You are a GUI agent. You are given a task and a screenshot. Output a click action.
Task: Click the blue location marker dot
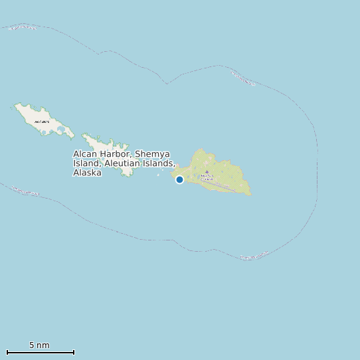coord(179,179)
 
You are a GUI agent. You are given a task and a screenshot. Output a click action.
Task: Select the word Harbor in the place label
coord(116,154)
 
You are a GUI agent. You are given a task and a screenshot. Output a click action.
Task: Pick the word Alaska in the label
coord(87,173)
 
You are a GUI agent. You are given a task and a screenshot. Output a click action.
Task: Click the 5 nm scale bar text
coord(39,345)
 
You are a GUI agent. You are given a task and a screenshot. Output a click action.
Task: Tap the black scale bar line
coord(40,352)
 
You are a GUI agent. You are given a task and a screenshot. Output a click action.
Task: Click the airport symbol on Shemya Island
coord(207,172)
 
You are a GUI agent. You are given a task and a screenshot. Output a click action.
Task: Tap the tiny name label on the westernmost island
coord(41,122)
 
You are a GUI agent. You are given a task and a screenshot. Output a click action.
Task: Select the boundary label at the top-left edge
coord(23,27)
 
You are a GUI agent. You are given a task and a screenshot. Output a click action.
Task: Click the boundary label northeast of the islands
coord(243,78)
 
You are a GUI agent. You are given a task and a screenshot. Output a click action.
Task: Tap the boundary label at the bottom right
coord(254,256)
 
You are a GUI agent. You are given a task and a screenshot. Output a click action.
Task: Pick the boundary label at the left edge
coord(25,191)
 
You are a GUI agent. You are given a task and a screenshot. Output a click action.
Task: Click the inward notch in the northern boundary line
coord(167,84)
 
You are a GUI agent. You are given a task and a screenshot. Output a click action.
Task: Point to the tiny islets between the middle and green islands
coord(159,175)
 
